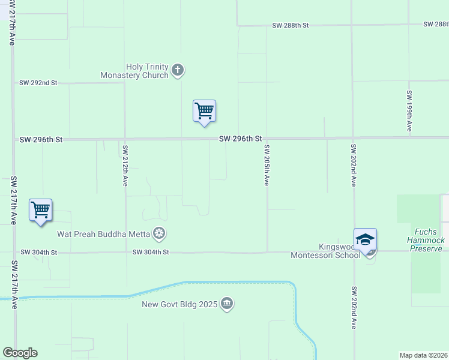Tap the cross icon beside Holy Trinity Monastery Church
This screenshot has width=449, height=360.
(x=177, y=71)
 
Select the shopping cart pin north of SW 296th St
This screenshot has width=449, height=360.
(x=204, y=112)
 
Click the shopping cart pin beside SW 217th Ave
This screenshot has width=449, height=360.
(x=40, y=211)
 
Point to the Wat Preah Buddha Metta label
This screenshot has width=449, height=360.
(x=103, y=233)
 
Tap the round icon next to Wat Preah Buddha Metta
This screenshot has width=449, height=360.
(x=159, y=233)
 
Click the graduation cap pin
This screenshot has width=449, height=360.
(x=365, y=240)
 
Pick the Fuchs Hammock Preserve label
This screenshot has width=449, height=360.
(x=427, y=240)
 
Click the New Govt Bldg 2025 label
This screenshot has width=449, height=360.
(x=180, y=304)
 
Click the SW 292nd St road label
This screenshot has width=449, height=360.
(x=38, y=83)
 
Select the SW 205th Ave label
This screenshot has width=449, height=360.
(x=267, y=165)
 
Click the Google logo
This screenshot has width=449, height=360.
(x=20, y=353)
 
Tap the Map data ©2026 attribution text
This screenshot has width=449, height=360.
(x=424, y=355)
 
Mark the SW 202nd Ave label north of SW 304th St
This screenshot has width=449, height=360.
(x=354, y=165)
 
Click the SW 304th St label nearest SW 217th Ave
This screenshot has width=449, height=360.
(x=38, y=253)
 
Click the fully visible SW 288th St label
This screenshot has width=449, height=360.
(x=290, y=26)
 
